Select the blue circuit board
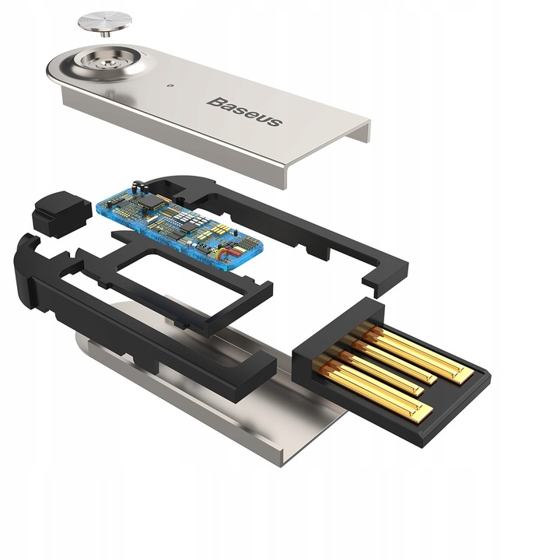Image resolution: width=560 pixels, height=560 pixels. tap(178, 219)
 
